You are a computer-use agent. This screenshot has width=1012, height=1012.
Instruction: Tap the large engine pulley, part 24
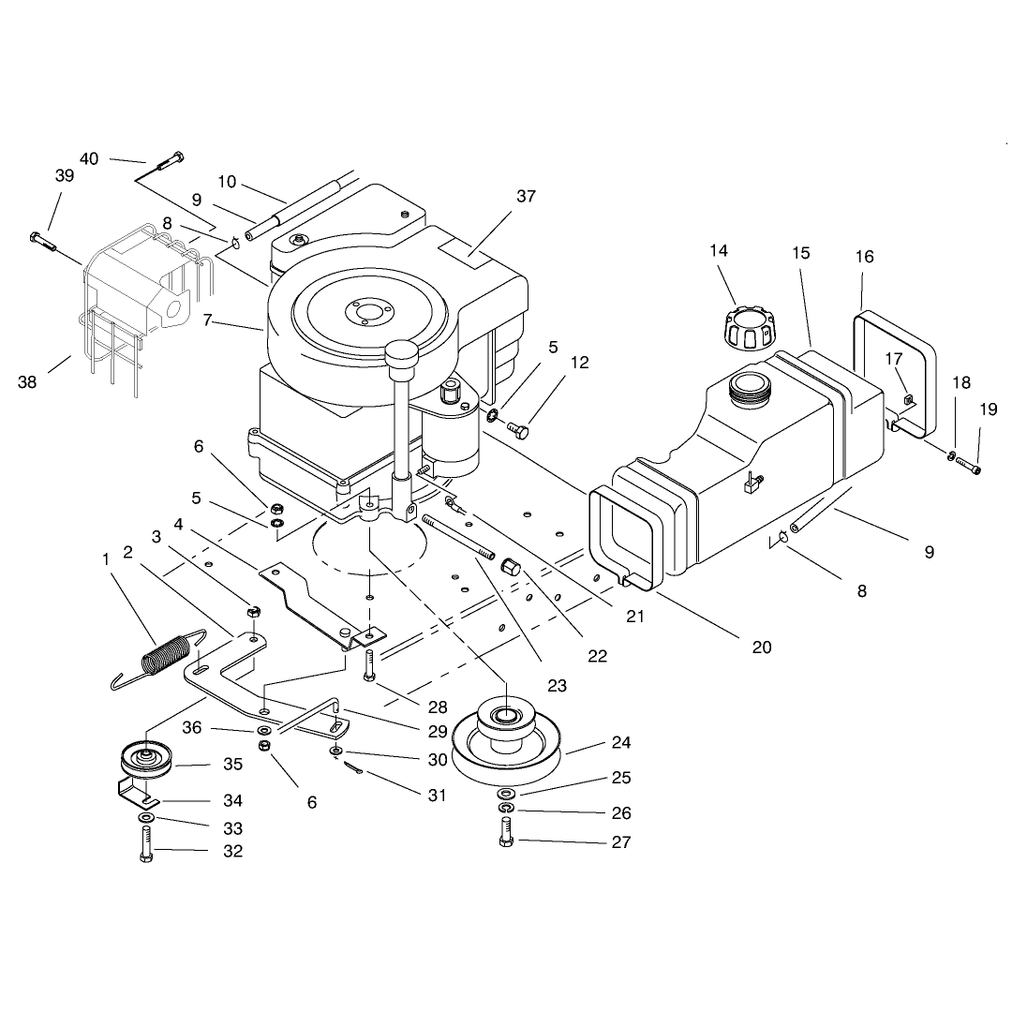tap(506, 737)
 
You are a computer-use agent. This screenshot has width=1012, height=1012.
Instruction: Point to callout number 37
tap(526, 196)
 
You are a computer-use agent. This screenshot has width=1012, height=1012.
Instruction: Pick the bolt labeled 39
tap(43, 242)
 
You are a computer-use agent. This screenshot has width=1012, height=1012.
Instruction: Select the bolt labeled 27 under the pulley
tap(506, 831)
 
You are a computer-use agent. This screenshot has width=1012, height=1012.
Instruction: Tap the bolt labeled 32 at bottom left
tap(146, 844)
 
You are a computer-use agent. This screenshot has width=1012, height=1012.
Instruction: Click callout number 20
tap(762, 647)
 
